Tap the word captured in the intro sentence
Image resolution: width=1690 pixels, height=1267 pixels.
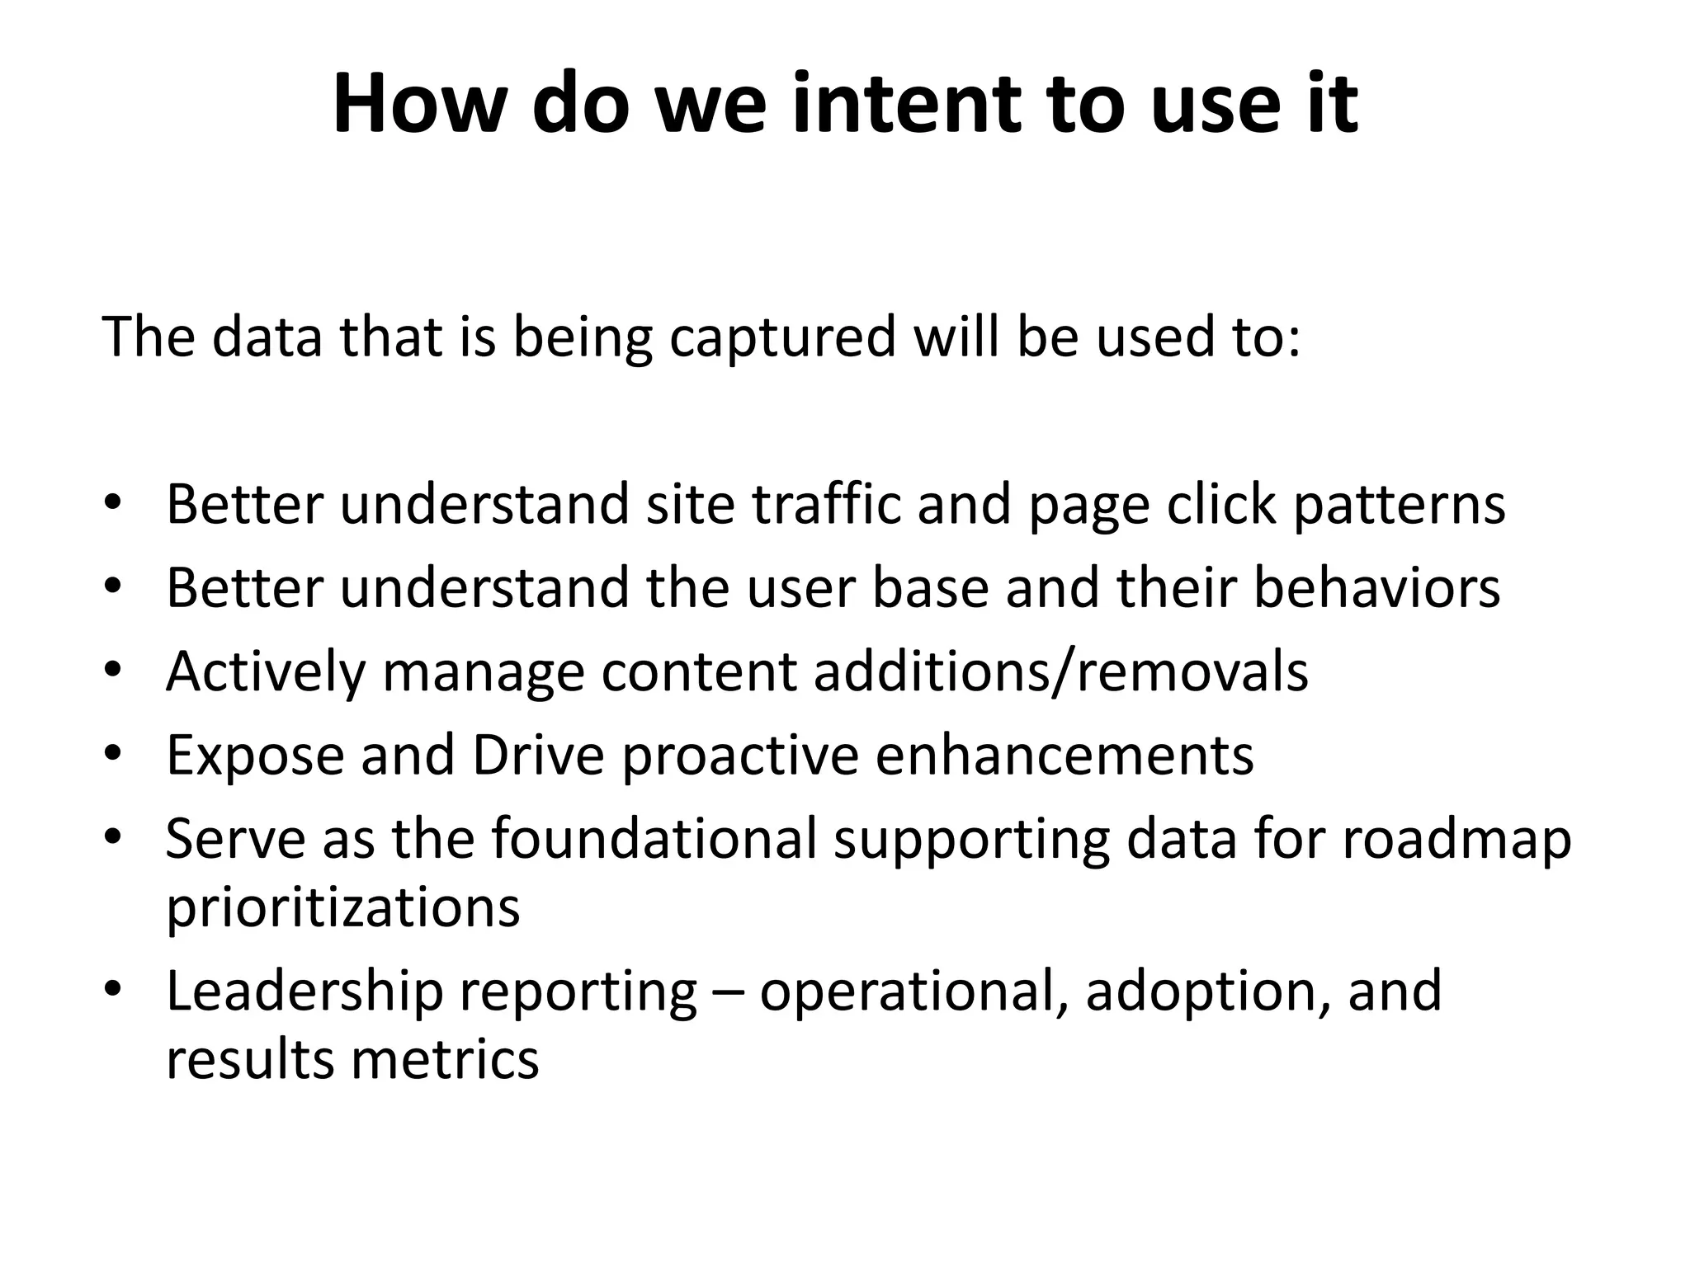coord(782,337)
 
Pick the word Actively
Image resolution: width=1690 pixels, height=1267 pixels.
coord(265,672)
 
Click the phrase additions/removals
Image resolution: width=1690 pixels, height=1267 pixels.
coord(1060,671)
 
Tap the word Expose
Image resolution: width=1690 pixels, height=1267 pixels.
coord(255,756)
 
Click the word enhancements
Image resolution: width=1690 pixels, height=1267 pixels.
coord(1064,755)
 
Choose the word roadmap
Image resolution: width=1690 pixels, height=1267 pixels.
coord(1456,841)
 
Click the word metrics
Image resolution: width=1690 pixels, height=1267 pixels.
coord(445,1060)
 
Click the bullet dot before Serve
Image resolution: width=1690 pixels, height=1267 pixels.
coord(113,836)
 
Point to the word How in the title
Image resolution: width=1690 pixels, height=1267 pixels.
coord(419,105)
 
